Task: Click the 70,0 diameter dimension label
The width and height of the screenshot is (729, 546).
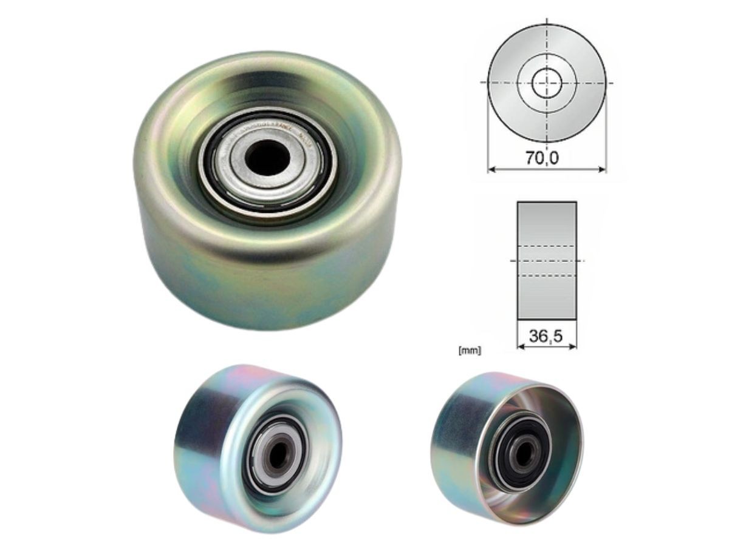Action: point(542,158)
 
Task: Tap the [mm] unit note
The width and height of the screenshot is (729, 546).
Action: point(471,351)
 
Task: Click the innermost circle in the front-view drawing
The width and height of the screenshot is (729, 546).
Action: point(547,83)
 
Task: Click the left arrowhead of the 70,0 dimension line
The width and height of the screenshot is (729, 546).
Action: point(491,170)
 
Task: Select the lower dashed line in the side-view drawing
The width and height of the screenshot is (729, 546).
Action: point(547,276)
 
